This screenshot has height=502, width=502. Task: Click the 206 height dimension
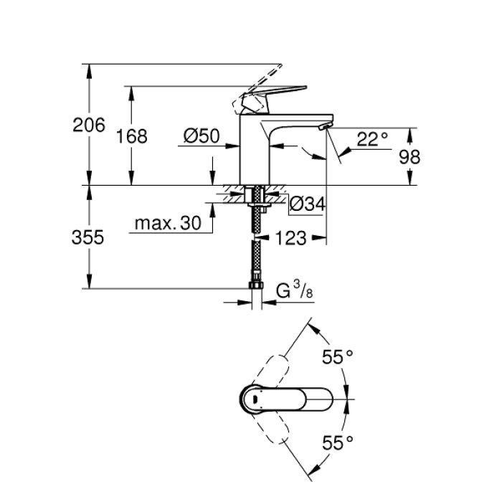tap(89, 125)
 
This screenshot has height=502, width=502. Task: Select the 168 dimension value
tap(133, 136)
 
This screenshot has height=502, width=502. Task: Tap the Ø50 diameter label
tap(201, 136)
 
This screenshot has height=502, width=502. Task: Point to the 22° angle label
tap(372, 138)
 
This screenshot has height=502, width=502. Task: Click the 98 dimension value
tap(409, 157)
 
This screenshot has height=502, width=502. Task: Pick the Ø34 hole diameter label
tap(308, 204)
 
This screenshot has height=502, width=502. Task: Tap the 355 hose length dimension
tap(89, 237)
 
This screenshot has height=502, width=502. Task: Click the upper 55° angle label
tap(338, 356)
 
